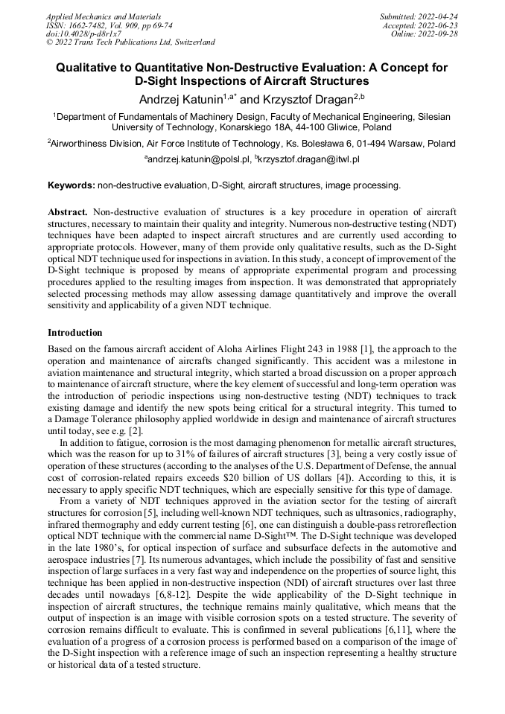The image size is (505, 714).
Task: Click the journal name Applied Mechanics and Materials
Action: point(103,16)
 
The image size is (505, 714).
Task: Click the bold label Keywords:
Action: point(71,185)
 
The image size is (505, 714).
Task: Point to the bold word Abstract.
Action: point(68,212)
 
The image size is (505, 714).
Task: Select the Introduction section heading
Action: point(74,332)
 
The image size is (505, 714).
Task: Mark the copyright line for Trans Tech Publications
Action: point(130,42)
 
